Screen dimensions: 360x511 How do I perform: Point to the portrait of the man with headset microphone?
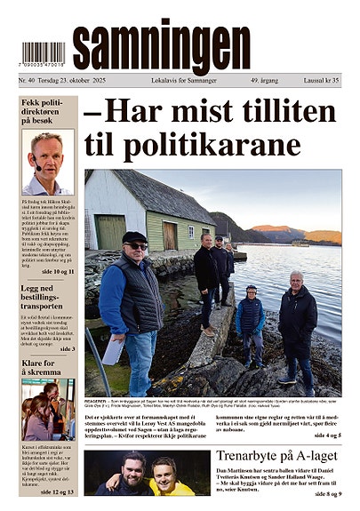(47, 162)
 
